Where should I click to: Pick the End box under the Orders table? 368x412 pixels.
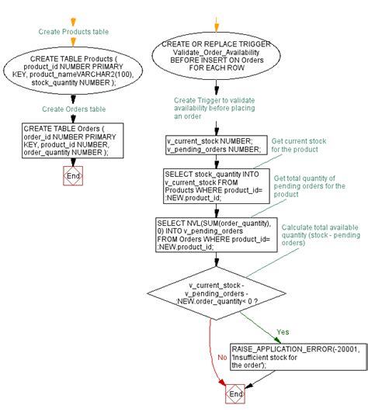coord(72,177)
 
